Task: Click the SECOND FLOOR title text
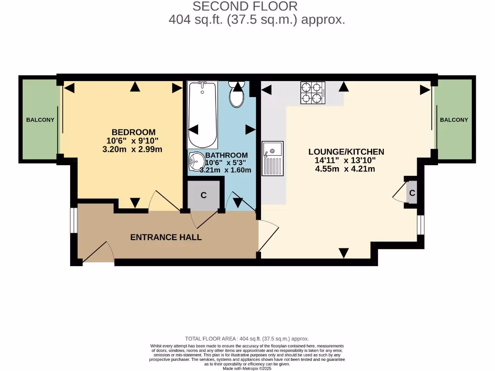pos(245,6)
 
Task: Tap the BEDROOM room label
pos(133,132)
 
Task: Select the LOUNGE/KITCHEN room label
pos(346,152)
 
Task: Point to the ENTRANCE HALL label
pos(166,237)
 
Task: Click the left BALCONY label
pos(40,120)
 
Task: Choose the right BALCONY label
pos(453,120)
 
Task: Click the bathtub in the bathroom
pos(203,115)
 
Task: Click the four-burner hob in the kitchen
pos(312,93)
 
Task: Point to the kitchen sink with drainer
pos(273,158)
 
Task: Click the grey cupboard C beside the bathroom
pos(204,195)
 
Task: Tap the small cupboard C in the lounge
pos(412,193)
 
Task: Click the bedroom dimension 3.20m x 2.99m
pos(132,149)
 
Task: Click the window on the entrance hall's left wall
pos(73,221)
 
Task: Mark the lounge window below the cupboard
pos(421,225)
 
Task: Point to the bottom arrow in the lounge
pos(344,253)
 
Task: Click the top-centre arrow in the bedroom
pos(135,87)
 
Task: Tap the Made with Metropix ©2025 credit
pos(247,368)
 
